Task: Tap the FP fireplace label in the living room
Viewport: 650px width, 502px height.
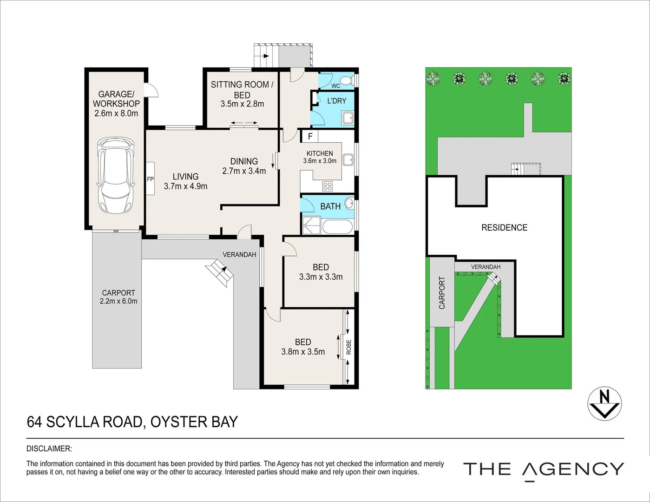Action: pos(151,179)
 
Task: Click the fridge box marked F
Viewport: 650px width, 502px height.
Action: pos(310,137)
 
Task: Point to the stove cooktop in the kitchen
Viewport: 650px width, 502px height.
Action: pos(328,186)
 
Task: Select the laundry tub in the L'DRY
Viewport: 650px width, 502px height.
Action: pos(348,118)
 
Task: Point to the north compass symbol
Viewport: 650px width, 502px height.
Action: pos(604,403)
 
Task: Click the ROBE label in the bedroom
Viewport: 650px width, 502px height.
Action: pos(349,347)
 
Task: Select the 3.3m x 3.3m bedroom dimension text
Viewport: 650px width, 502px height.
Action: pos(321,277)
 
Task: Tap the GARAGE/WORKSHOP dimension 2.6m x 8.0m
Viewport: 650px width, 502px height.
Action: pos(116,113)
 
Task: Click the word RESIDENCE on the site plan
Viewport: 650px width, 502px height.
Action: pos(504,228)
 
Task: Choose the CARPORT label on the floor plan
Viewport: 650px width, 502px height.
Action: pos(118,293)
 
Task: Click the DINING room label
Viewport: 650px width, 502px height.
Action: pos(244,161)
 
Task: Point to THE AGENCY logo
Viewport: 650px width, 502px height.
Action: pos(543,469)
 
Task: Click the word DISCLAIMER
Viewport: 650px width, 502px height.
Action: pos(49,449)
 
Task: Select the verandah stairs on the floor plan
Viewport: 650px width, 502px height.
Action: pos(219,270)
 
